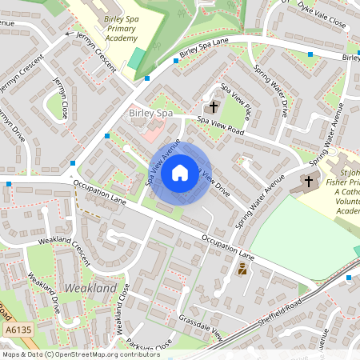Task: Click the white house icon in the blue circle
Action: [180, 172]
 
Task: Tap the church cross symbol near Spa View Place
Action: [214, 106]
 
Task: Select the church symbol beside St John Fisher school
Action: [308, 182]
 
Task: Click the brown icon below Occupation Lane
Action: [242, 270]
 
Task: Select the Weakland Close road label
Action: [121, 308]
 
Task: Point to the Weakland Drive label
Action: [45, 294]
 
